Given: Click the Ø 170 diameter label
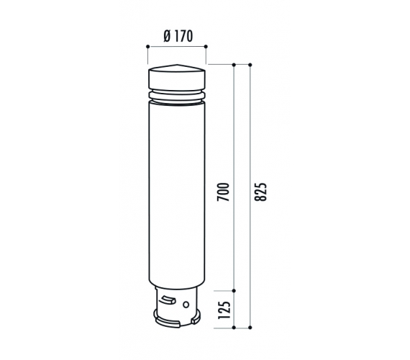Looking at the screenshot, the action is (x=178, y=36).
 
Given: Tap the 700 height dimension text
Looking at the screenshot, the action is (x=223, y=192).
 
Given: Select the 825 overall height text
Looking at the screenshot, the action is (x=260, y=192).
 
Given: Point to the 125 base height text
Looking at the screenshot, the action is (x=224, y=310).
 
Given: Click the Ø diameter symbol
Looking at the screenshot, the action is (x=168, y=36).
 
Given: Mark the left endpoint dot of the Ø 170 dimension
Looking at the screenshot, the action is (x=148, y=47).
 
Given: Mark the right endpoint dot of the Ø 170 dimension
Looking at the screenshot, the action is (x=206, y=47).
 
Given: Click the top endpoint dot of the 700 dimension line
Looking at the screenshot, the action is (x=234, y=64).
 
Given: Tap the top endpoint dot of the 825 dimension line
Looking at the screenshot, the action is (x=250, y=64).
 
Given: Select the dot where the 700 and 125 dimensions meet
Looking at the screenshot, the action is (x=234, y=291).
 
